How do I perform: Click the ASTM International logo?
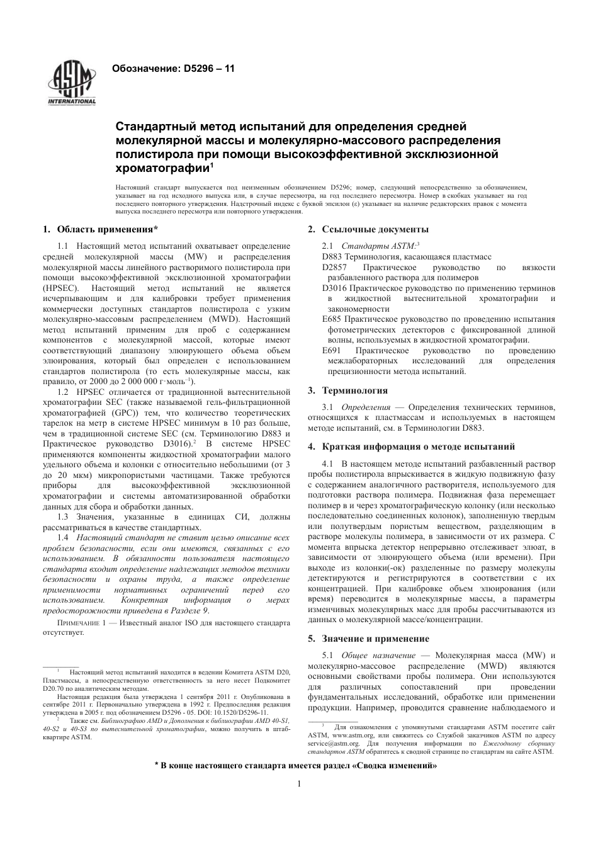pyautogui.click(x=72, y=84)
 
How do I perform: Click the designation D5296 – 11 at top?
pyautogui.click(x=173, y=68)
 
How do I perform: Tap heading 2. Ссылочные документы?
pyautogui.click(x=368, y=229)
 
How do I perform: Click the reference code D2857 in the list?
pyautogui.click(x=334, y=268)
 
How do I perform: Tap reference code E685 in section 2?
pyautogui.click(x=331, y=319)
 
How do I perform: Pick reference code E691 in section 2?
pyautogui.click(x=331, y=350)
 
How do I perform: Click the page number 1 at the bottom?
pyautogui.click(x=299, y=783)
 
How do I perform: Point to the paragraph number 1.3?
pyautogui.click(x=63, y=517)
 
